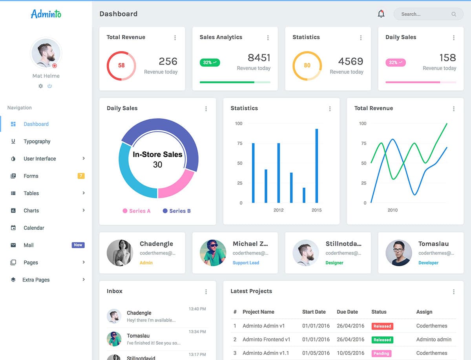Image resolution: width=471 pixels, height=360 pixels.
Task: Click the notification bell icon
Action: [x=381, y=14]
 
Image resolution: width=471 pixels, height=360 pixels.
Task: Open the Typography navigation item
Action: [x=37, y=141]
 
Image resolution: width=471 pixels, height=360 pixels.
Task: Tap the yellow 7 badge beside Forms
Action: [x=81, y=176]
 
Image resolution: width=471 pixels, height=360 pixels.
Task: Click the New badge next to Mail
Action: [x=78, y=245]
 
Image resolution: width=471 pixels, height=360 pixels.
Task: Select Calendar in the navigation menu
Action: [x=34, y=228]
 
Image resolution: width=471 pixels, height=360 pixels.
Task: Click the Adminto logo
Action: [x=46, y=14]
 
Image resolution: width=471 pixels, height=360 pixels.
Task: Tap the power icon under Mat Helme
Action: [x=50, y=86]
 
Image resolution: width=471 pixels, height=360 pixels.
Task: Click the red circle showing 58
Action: [x=121, y=66]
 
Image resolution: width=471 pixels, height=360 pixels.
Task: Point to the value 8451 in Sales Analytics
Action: [x=259, y=58]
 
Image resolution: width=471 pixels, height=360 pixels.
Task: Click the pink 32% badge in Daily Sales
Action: [x=396, y=62]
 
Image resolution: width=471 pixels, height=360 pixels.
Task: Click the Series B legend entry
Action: [x=177, y=211]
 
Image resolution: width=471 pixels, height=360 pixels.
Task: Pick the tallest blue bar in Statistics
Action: [x=317, y=165]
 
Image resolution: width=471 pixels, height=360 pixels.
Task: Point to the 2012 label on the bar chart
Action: [x=278, y=210]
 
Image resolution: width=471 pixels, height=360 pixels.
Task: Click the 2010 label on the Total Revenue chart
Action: [x=392, y=210]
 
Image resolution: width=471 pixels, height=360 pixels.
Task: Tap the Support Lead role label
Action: [x=246, y=263]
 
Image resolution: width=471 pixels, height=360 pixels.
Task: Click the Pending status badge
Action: [x=381, y=353]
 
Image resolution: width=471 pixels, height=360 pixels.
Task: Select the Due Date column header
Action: [x=347, y=312]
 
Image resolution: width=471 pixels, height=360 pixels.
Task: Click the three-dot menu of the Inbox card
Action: [x=206, y=292]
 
